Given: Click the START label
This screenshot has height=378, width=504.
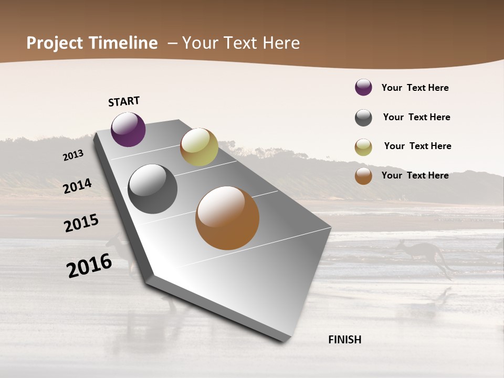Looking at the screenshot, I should tap(124, 101).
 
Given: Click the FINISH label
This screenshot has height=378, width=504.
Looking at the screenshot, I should tap(345, 340).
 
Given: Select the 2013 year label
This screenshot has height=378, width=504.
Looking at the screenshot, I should tap(73, 155).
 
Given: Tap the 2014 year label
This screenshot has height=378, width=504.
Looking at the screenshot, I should tap(78, 186).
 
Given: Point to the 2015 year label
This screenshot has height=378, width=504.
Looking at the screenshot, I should tap(81, 223).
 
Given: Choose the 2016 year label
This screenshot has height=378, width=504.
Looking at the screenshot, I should tap(89, 266).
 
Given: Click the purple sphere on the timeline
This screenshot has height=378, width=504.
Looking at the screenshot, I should tap(128, 129).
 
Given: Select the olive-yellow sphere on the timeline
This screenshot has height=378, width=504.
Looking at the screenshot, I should tap(199, 147).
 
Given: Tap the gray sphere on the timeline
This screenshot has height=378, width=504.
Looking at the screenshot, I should tap(152, 189).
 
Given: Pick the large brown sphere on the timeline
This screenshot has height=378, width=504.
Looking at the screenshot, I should tap(227, 218).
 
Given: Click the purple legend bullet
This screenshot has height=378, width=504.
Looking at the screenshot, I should tap(363, 87).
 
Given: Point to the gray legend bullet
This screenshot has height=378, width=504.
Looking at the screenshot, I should tap(363, 118).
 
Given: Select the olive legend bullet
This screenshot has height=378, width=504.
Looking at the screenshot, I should tap(363, 147).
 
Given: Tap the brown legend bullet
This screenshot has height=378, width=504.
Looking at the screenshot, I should tap(363, 176).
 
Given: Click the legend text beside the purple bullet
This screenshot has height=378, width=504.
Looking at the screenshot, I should tap(415, 88).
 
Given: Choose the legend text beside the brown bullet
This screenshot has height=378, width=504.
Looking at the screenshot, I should tap(415, 175).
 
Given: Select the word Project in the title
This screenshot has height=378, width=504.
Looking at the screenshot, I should tap(55, 43).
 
